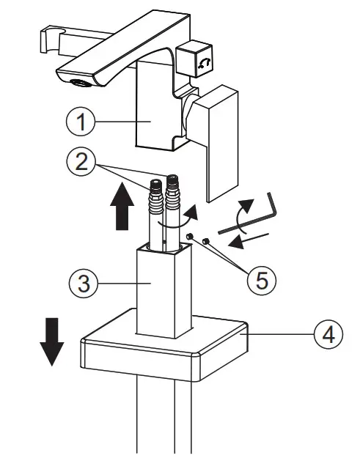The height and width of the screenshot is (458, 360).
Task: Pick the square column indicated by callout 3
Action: click(165, 293)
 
